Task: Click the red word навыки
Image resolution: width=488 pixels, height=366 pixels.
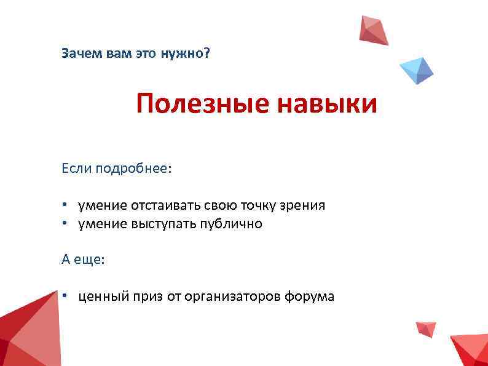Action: click(327, 104)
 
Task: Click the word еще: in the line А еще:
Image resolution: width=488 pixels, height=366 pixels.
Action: click(92, 260)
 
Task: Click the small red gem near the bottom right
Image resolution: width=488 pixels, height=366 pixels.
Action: click(426, 328)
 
